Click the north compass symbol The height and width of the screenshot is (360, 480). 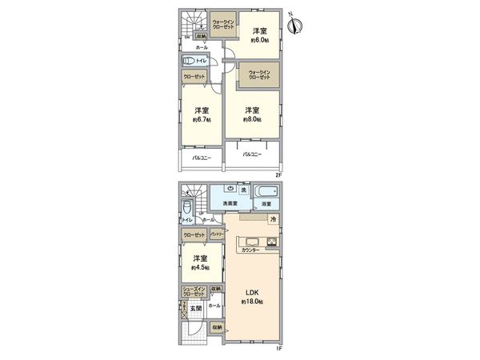click(x=298, y=26)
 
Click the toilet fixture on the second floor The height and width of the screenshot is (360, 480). click(x=190, y=62)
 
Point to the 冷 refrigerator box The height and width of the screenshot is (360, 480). click(x=272, y=220)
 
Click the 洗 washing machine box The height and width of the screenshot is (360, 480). click(x=243, y=190)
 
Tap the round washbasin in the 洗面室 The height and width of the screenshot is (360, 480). click(x=230, y=189)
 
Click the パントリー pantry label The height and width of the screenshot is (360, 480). click(x=216, y=234)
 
